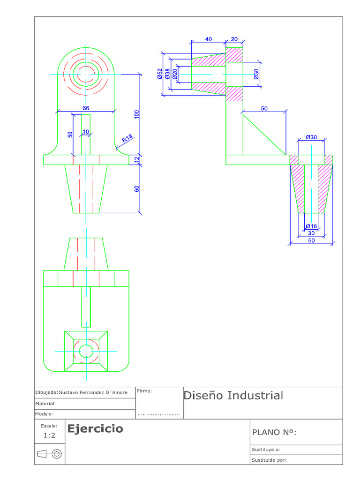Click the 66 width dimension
coord(86,108)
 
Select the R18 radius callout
coord(127,139)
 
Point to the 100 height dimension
coord(137,114)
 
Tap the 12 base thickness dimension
coord(137,159)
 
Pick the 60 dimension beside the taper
coord(137,189)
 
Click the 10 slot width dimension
coord(85,132)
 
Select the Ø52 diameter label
coord(160,74)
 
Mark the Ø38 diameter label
coord(167,74)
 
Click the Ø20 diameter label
coord(175,74)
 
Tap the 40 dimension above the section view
coord(209,39)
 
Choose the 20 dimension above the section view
coord(234,39)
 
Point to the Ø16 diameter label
coord(311,226)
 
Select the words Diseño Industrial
coord(233,396)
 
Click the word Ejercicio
coord(95,429)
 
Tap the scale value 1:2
coord(49,435)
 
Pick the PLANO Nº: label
coord(275,432)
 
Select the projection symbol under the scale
coord(49,454)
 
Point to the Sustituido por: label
coord(269,460)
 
